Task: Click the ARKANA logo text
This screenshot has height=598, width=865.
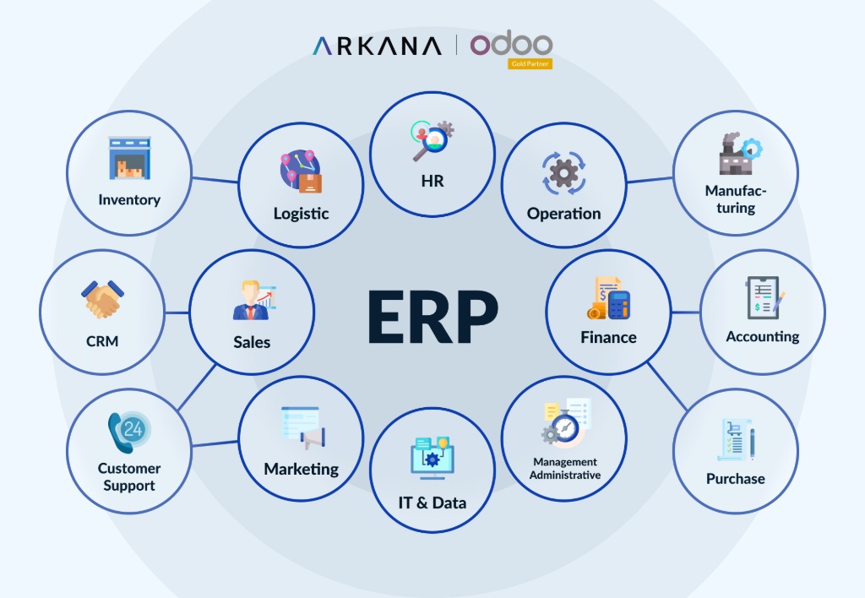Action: coord(376,46)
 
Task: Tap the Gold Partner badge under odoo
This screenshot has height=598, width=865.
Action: coord(530,63)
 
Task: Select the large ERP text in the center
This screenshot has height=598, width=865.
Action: coord(432,318)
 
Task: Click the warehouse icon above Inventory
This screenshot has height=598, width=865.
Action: coord(129,159)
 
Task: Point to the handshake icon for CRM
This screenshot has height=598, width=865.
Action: coord(103,300)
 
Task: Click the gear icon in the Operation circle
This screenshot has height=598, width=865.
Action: coord(563,173)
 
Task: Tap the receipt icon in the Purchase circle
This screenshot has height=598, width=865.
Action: coord(735,440)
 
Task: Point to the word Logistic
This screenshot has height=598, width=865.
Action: coord(301,214)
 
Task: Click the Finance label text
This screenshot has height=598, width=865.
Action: coord(608,338)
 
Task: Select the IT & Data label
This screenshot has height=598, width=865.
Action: coord(432,503)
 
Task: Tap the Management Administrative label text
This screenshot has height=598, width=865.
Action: coord(565,469)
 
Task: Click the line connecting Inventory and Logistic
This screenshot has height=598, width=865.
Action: coord(215,180)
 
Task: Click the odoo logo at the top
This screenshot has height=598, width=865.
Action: coord(511,44)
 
